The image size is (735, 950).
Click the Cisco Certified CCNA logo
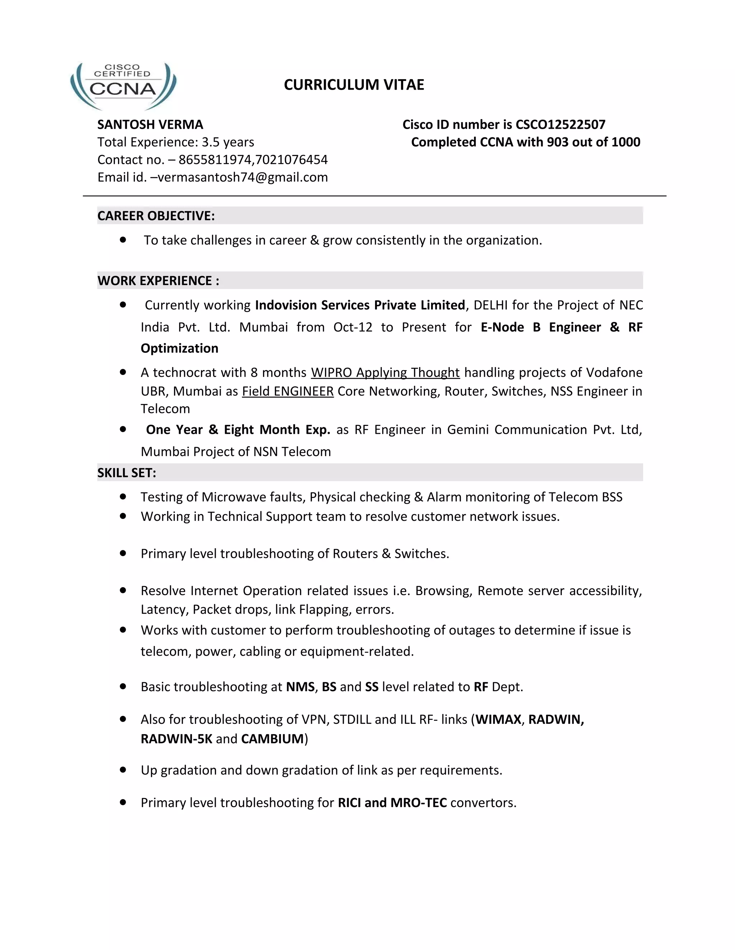pyautogui.click(x=123, y=85)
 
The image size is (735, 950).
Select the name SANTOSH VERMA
pyautogui.click(x=150, y=124)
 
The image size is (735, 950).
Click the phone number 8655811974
pyautogui.click(x=215, y=160)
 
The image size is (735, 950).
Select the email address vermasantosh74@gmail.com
pyautogui.click(x=243, y=177)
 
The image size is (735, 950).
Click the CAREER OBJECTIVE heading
pyautogui.click(x=156, y=216)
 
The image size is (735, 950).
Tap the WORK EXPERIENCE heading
pyautogui.click(x=158, y=281)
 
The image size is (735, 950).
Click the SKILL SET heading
pyautogui.click(x=127, y=473)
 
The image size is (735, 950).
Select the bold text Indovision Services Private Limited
pyautogui.click(x=360, y=305)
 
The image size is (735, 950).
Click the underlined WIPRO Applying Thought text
pyautogui.click(x=385, y=372)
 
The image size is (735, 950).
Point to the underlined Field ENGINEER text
pyautogui.click(x=288, y=391)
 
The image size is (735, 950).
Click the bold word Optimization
pyautogui.click(x=179, y=348)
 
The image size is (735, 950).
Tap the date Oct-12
pyautogui.click(x=353, y=327)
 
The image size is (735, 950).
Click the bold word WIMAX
pyautogui.click(x=498, y=719)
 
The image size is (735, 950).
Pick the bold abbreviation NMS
pyautogui.click(x=300, y=687)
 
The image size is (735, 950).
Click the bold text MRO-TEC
pyautogui.click(x=418, y=803)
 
